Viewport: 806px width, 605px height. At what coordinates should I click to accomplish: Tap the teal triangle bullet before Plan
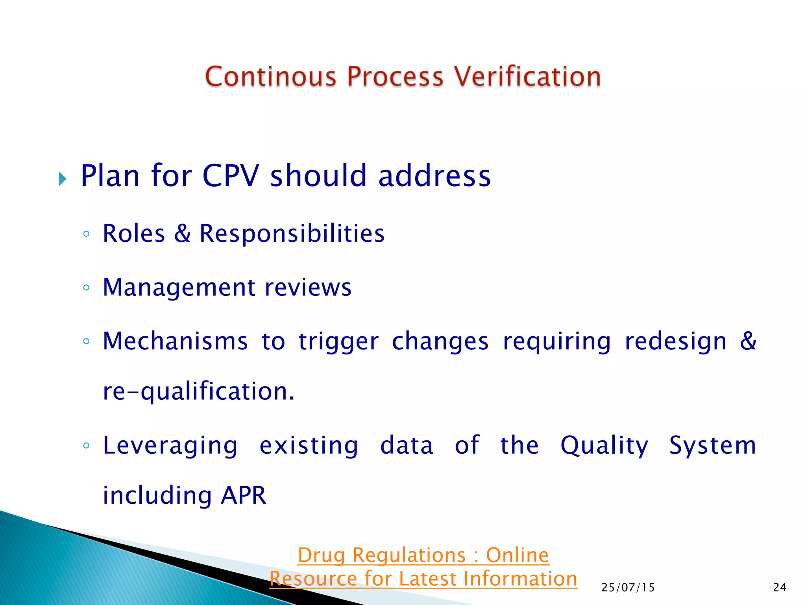(63, 179)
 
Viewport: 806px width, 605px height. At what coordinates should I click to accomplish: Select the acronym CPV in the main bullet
(231, 176)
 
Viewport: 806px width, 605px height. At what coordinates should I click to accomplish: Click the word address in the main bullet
(434, 176)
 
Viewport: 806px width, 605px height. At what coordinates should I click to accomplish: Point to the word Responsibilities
(292, 233)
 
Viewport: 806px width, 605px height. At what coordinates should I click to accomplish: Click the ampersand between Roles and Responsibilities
(182, 233)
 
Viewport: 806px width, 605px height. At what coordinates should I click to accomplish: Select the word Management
(179, 288)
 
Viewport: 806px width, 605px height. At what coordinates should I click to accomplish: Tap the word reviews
(308, 288)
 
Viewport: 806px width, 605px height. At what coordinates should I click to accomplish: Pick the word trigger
(338, 342)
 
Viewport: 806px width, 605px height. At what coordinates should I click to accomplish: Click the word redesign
(675, 342)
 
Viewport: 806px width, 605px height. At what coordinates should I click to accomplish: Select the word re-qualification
(199, 392)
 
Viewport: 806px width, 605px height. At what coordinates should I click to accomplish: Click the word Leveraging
(170, 446)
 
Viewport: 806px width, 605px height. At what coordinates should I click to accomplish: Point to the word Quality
(604, 446)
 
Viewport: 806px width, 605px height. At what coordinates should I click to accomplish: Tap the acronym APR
(244, 496)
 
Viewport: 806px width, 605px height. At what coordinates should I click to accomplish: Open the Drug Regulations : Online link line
(423, 555)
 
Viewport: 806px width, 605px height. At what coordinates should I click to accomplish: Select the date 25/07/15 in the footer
(628, 588)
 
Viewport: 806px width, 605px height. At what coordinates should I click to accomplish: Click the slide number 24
(779, 588)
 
